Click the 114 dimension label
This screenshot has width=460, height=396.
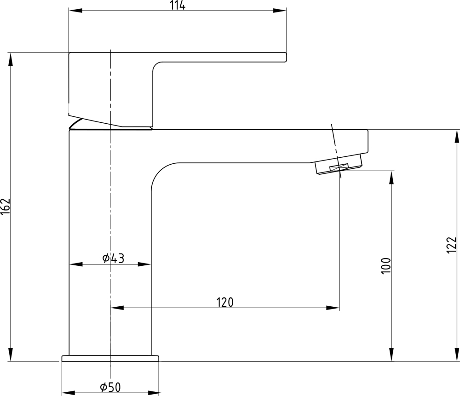click(178, 5)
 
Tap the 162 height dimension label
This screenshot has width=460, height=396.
click(6, 207)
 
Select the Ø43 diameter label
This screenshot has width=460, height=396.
click(113, 258)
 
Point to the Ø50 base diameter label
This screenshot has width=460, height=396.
click(110, 387)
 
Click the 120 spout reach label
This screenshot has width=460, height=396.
click(225, 302)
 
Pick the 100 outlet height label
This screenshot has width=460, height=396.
click(386, 266)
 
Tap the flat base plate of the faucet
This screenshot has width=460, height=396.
click(110, 358)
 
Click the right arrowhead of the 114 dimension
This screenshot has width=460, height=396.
click(280, 11)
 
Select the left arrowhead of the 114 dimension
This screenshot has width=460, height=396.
click(75, 11)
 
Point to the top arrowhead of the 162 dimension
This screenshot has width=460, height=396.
click(11, 60)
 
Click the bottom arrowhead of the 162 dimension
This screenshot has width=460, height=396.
click(11, 354)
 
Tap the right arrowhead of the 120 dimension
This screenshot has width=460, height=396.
click(333, 308)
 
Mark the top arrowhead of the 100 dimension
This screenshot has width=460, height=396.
click(391, 178)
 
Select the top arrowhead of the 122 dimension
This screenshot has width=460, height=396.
click(457, 137)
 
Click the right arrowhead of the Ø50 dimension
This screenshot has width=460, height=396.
click(154, 393)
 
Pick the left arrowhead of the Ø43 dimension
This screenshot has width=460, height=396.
click(76, 264)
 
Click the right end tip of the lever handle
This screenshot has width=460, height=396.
click(286, 57)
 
